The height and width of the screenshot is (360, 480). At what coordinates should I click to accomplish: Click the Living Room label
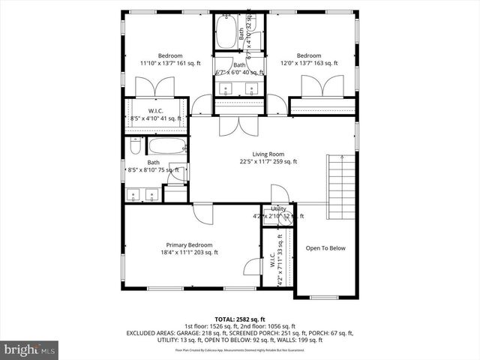coord(268,154)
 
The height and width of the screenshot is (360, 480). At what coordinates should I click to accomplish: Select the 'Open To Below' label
coord(325,248)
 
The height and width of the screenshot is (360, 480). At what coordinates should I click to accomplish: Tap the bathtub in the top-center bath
coord(226,32)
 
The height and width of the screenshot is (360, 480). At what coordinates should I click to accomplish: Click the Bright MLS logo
coord(30,349)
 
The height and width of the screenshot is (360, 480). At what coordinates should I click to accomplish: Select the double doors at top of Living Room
coord(229,126)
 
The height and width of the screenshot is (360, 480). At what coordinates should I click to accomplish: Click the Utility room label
coord(278,208)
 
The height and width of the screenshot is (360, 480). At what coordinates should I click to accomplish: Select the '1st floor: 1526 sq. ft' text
coord(208,326)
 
